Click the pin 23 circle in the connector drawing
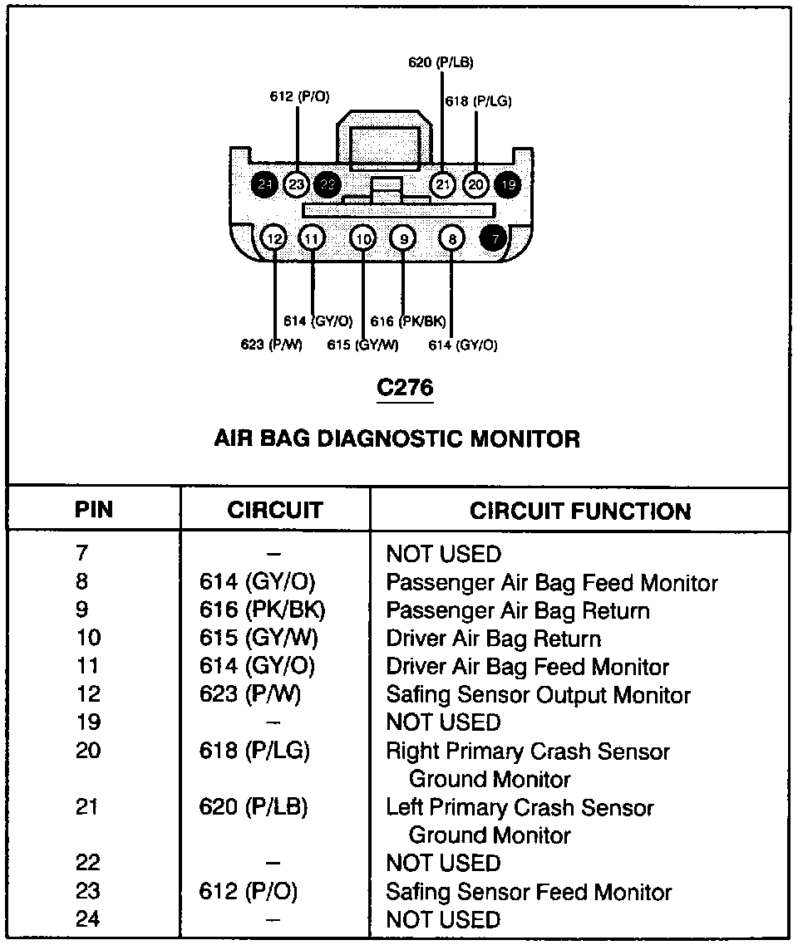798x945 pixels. tap(296, 184)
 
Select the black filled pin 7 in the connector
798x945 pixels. tap(495, 239)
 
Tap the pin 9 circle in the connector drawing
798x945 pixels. tap(402, 239)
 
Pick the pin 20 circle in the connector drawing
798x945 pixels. tap(475, 184)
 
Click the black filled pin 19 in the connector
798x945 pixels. tap(508, 184)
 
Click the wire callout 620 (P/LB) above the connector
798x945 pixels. tap(441, 62)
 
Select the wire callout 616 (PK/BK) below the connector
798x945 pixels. tap(408, 321)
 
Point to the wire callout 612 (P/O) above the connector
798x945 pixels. tap(299, 97)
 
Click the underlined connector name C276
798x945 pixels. tap(405, 388)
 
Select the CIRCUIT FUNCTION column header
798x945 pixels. tap(579, 511)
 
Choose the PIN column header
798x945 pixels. tap(94, 510)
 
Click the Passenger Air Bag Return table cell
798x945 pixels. tap(517, 611)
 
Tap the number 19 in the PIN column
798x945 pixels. tap(88, 722)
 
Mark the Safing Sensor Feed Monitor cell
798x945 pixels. tap(529, 893)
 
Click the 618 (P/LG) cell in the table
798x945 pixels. tap(254, 751)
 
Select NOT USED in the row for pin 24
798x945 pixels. tap(443, 920)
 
